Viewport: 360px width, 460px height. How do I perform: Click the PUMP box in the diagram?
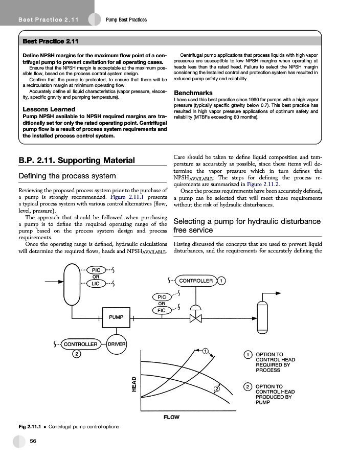[x=116, y=317]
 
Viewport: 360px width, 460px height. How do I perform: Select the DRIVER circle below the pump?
[x=117, y=344]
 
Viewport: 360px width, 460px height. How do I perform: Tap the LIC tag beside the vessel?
[x=96, y=283]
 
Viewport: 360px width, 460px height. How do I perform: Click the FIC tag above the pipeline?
[x=162, y=310]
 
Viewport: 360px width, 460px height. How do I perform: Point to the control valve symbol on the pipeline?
[x=195, y=318]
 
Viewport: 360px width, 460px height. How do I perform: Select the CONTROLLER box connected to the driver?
[x=80, y=344]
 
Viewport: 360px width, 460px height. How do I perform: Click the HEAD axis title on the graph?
[x=134, y=384]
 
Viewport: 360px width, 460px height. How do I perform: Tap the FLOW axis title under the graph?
[x=171, y=417]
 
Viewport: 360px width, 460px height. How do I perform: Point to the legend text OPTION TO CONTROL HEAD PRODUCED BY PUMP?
[x=274, y=394]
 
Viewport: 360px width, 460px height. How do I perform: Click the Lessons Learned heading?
[x=49, y=109]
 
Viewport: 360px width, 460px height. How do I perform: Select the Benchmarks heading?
[x=193, y=93]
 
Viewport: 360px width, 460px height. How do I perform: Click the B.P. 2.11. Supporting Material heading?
[x=77, y=160]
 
